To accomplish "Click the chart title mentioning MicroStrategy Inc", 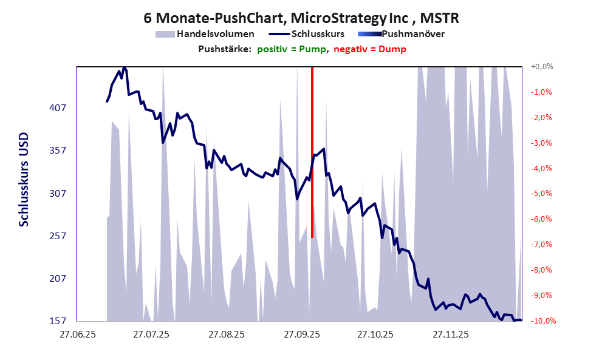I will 301,18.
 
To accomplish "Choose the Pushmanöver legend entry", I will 412,34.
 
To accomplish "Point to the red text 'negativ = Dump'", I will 369,49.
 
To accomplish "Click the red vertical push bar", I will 312,152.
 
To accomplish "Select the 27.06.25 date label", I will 77,335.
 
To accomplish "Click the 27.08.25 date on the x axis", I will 226,335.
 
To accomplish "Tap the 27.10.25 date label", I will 375,335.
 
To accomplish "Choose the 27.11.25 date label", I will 450,335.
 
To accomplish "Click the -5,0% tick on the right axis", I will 542,194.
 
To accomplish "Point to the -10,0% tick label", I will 543,321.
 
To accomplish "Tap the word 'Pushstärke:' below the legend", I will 225,49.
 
